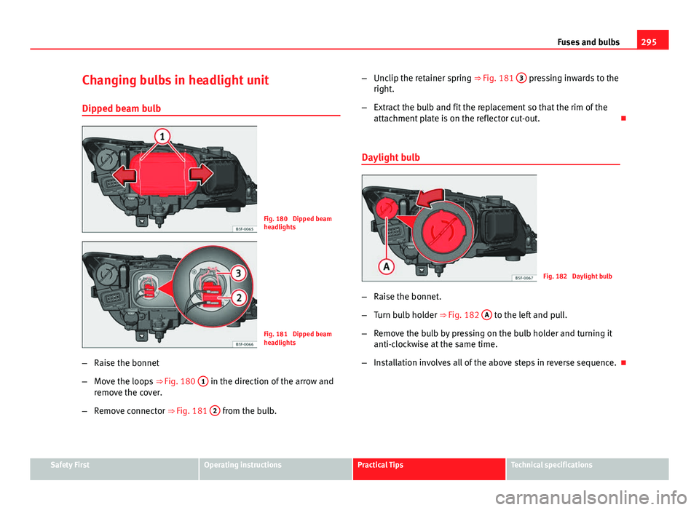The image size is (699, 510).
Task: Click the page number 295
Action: (x=649, y=42)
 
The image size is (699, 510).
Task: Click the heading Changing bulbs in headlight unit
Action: (x=175, y=80)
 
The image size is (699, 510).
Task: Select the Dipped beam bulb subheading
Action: (x=122, y=108)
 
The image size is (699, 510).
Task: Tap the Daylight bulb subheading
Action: (x=390, y=157)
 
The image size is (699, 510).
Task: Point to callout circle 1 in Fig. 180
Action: (x=162, y=136)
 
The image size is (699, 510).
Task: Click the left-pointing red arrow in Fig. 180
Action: (x=125, y=175)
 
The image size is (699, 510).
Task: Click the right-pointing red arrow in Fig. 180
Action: (x=202, y=174)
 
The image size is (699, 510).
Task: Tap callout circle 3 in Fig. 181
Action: (x=239, y=273)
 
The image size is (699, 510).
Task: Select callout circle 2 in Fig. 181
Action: (x=239, y=298)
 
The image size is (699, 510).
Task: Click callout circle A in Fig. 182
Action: (x=387, y=267)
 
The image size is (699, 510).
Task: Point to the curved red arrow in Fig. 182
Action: (x=430, y=198)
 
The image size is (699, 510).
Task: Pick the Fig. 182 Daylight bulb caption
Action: (x=577, y=276)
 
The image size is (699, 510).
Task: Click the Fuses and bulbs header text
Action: (x=588, y=42)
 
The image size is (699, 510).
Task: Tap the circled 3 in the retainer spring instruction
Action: (x=521, y=78)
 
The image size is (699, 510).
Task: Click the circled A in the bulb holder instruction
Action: (x=487, y=315)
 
